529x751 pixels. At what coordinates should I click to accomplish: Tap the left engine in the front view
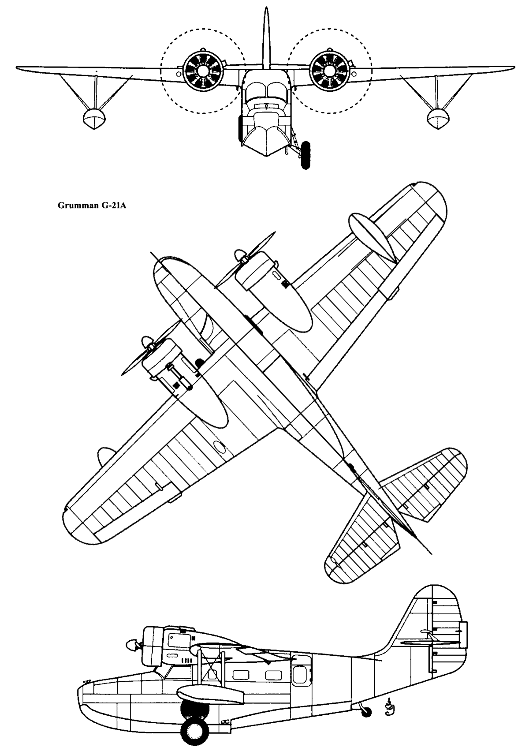click(x=203, y=71)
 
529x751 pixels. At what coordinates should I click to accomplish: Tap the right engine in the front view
click(x=329, y=71)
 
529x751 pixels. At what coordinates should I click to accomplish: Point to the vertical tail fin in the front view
click(x=266, y=37)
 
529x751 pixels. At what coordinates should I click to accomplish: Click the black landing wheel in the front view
click(x=305, y=155)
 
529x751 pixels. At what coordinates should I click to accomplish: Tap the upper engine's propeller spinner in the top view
click(x=240, y=255)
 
